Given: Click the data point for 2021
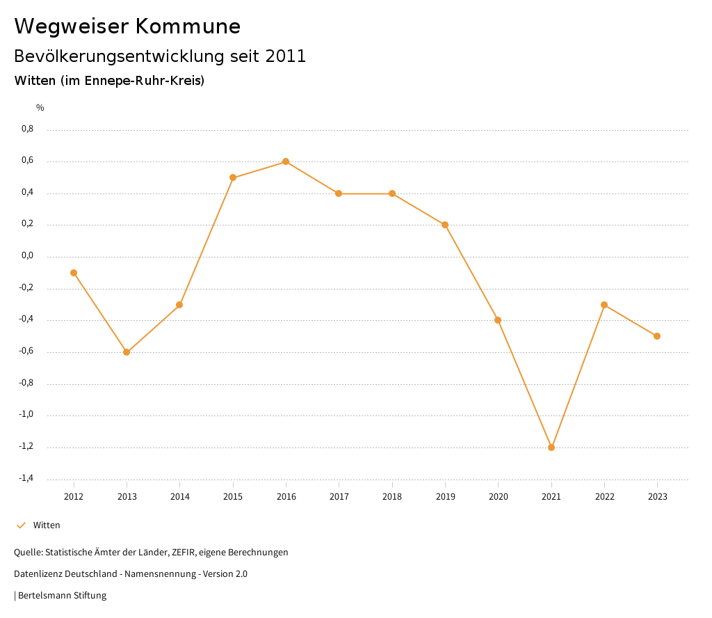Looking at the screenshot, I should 551,447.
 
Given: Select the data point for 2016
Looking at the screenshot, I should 286,161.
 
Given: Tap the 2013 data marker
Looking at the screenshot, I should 127,352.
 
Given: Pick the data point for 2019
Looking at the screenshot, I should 445,225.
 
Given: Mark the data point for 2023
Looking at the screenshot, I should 657,336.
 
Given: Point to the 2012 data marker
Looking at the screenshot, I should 74,273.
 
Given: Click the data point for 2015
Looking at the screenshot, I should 233,177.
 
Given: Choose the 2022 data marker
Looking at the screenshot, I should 604,305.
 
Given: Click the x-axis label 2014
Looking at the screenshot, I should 179,497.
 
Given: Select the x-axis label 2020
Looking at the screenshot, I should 498,497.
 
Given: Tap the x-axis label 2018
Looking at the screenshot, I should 392,497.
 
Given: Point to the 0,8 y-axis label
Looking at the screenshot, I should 27,129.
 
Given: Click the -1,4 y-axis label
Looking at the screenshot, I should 26,478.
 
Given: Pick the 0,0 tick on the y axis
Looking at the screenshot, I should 27,256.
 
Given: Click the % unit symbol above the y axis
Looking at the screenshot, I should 40,108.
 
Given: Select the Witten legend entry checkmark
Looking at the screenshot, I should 21,525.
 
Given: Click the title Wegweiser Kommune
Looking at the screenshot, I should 127,26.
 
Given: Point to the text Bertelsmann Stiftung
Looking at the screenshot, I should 62,596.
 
